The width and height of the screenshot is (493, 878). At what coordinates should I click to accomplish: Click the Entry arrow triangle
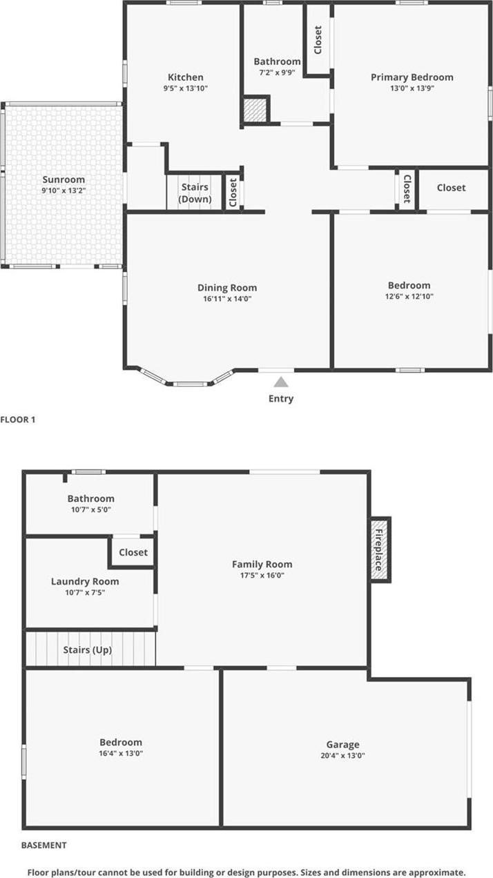tap(280, 382)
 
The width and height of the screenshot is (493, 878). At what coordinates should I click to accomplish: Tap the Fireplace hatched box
tap(380, 549)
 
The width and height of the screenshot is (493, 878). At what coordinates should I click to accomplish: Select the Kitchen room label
tap(186, 77)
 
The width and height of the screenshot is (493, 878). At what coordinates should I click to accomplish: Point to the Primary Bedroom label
tap(412, 77)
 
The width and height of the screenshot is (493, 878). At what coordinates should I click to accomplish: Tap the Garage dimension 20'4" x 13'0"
tap(342, 756)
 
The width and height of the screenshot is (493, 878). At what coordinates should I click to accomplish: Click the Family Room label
tap(262, 564)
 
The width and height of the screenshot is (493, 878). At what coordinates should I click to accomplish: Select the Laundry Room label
tap(85, 581)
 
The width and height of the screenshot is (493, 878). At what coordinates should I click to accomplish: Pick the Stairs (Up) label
tap(88, 650)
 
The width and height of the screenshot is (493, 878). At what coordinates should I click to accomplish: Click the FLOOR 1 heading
tap(18, 419)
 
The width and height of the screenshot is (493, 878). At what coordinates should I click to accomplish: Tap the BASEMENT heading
tap(44, 845)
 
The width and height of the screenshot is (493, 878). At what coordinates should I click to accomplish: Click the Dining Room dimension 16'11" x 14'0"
tap(227, 299)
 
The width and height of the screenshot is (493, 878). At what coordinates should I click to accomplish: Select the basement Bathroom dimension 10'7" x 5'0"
tap(90, 509)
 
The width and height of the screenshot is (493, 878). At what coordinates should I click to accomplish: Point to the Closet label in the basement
tap(133, 552)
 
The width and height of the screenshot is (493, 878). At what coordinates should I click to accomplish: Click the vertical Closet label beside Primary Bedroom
tap(318, 39)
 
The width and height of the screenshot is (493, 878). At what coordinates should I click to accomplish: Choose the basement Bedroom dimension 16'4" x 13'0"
tap(121, 754)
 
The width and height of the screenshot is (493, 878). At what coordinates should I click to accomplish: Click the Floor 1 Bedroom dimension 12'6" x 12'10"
tap(409, 297)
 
